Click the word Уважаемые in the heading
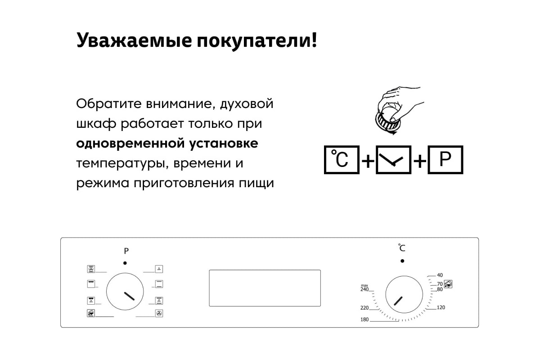point(134,40)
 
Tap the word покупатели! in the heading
point(257,40)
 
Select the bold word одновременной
point(130,143)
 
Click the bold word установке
point(224,144)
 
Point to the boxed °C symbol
point(342,160)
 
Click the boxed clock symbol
point(393,160)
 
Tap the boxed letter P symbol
point(445,160)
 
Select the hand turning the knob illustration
point(399,110)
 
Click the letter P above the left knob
point(126,251)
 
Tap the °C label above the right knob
point(401,247)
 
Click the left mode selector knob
point(125,292)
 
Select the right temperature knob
point(404,294)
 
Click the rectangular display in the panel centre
point(265,288)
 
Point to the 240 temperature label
point(364,289)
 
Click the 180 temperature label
point(364,319)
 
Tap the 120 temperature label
point(441,307)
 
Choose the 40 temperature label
point(440,275)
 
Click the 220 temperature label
point(364,308)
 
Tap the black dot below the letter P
point(125,263)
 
